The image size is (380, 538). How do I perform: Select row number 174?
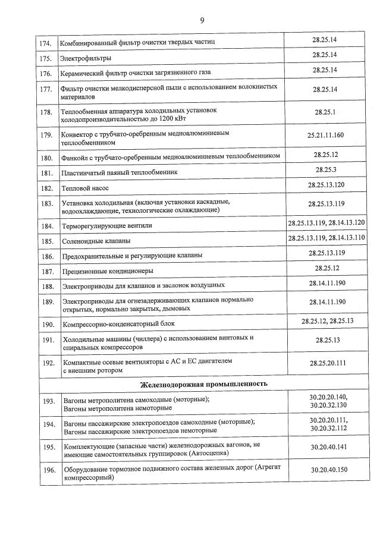click(x=45, y=43)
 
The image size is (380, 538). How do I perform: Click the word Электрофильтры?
click(x=86, y=58)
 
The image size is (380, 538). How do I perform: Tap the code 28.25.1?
click(x=325, y=112)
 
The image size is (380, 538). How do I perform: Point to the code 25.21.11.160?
click(x=325, y=135)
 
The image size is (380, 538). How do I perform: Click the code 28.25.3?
click(x=325, y=171)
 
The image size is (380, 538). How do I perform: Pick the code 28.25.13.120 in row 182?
click(x=325, y=185)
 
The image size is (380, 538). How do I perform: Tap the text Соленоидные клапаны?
click(x=96, y=241)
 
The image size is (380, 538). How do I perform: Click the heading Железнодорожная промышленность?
click(x=203, y=384)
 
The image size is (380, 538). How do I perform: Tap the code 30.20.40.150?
click(x=325, y=470)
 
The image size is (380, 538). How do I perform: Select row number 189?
click(x=46, y=302)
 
